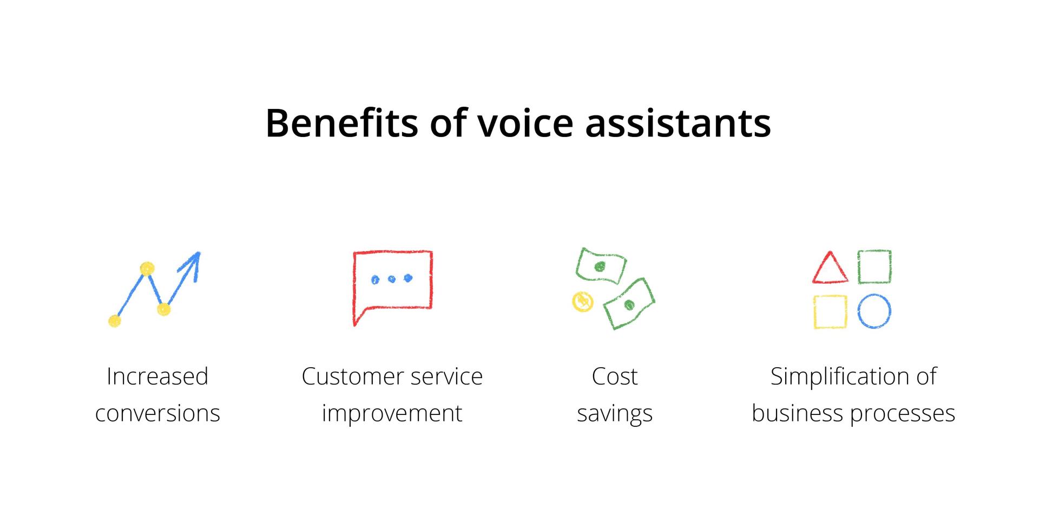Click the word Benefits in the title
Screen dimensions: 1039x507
pyautogui.click(x=341, y=122)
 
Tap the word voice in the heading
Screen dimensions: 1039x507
pyautogui.click(x=525, y=123)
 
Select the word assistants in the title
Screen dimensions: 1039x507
pyautogui.click(x=678, y=123)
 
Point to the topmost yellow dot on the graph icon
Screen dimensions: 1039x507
pyautogui.click(x=147, y=269)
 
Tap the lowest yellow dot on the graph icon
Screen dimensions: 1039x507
pyautogui.click(x=114, y=321)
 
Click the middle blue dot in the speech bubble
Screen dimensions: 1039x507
pyautogui.click(x=392, y=279)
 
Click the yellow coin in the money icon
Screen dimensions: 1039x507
pyautogui.click(x=583, y=302)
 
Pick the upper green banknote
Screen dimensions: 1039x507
pyautogui.click(x=601, y=265)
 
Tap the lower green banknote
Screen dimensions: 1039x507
pyautogui.click(x=629, y=304)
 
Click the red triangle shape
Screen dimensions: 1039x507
pyautogui.click(x=830, y=268)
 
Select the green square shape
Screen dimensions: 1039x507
pyautogui.click(x=874, y=266)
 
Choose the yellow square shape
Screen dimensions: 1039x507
pyautogui.click(x=830, y=311)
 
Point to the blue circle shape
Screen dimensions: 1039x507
pyautogui.click(x=874, y=311)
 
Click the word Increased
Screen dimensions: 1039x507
pyautogui.click(x=157, y=376)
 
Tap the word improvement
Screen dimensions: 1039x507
pyautogui.click(x=392, y=414)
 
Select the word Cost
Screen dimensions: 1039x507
pyautogui.click(x=615, y=376)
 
